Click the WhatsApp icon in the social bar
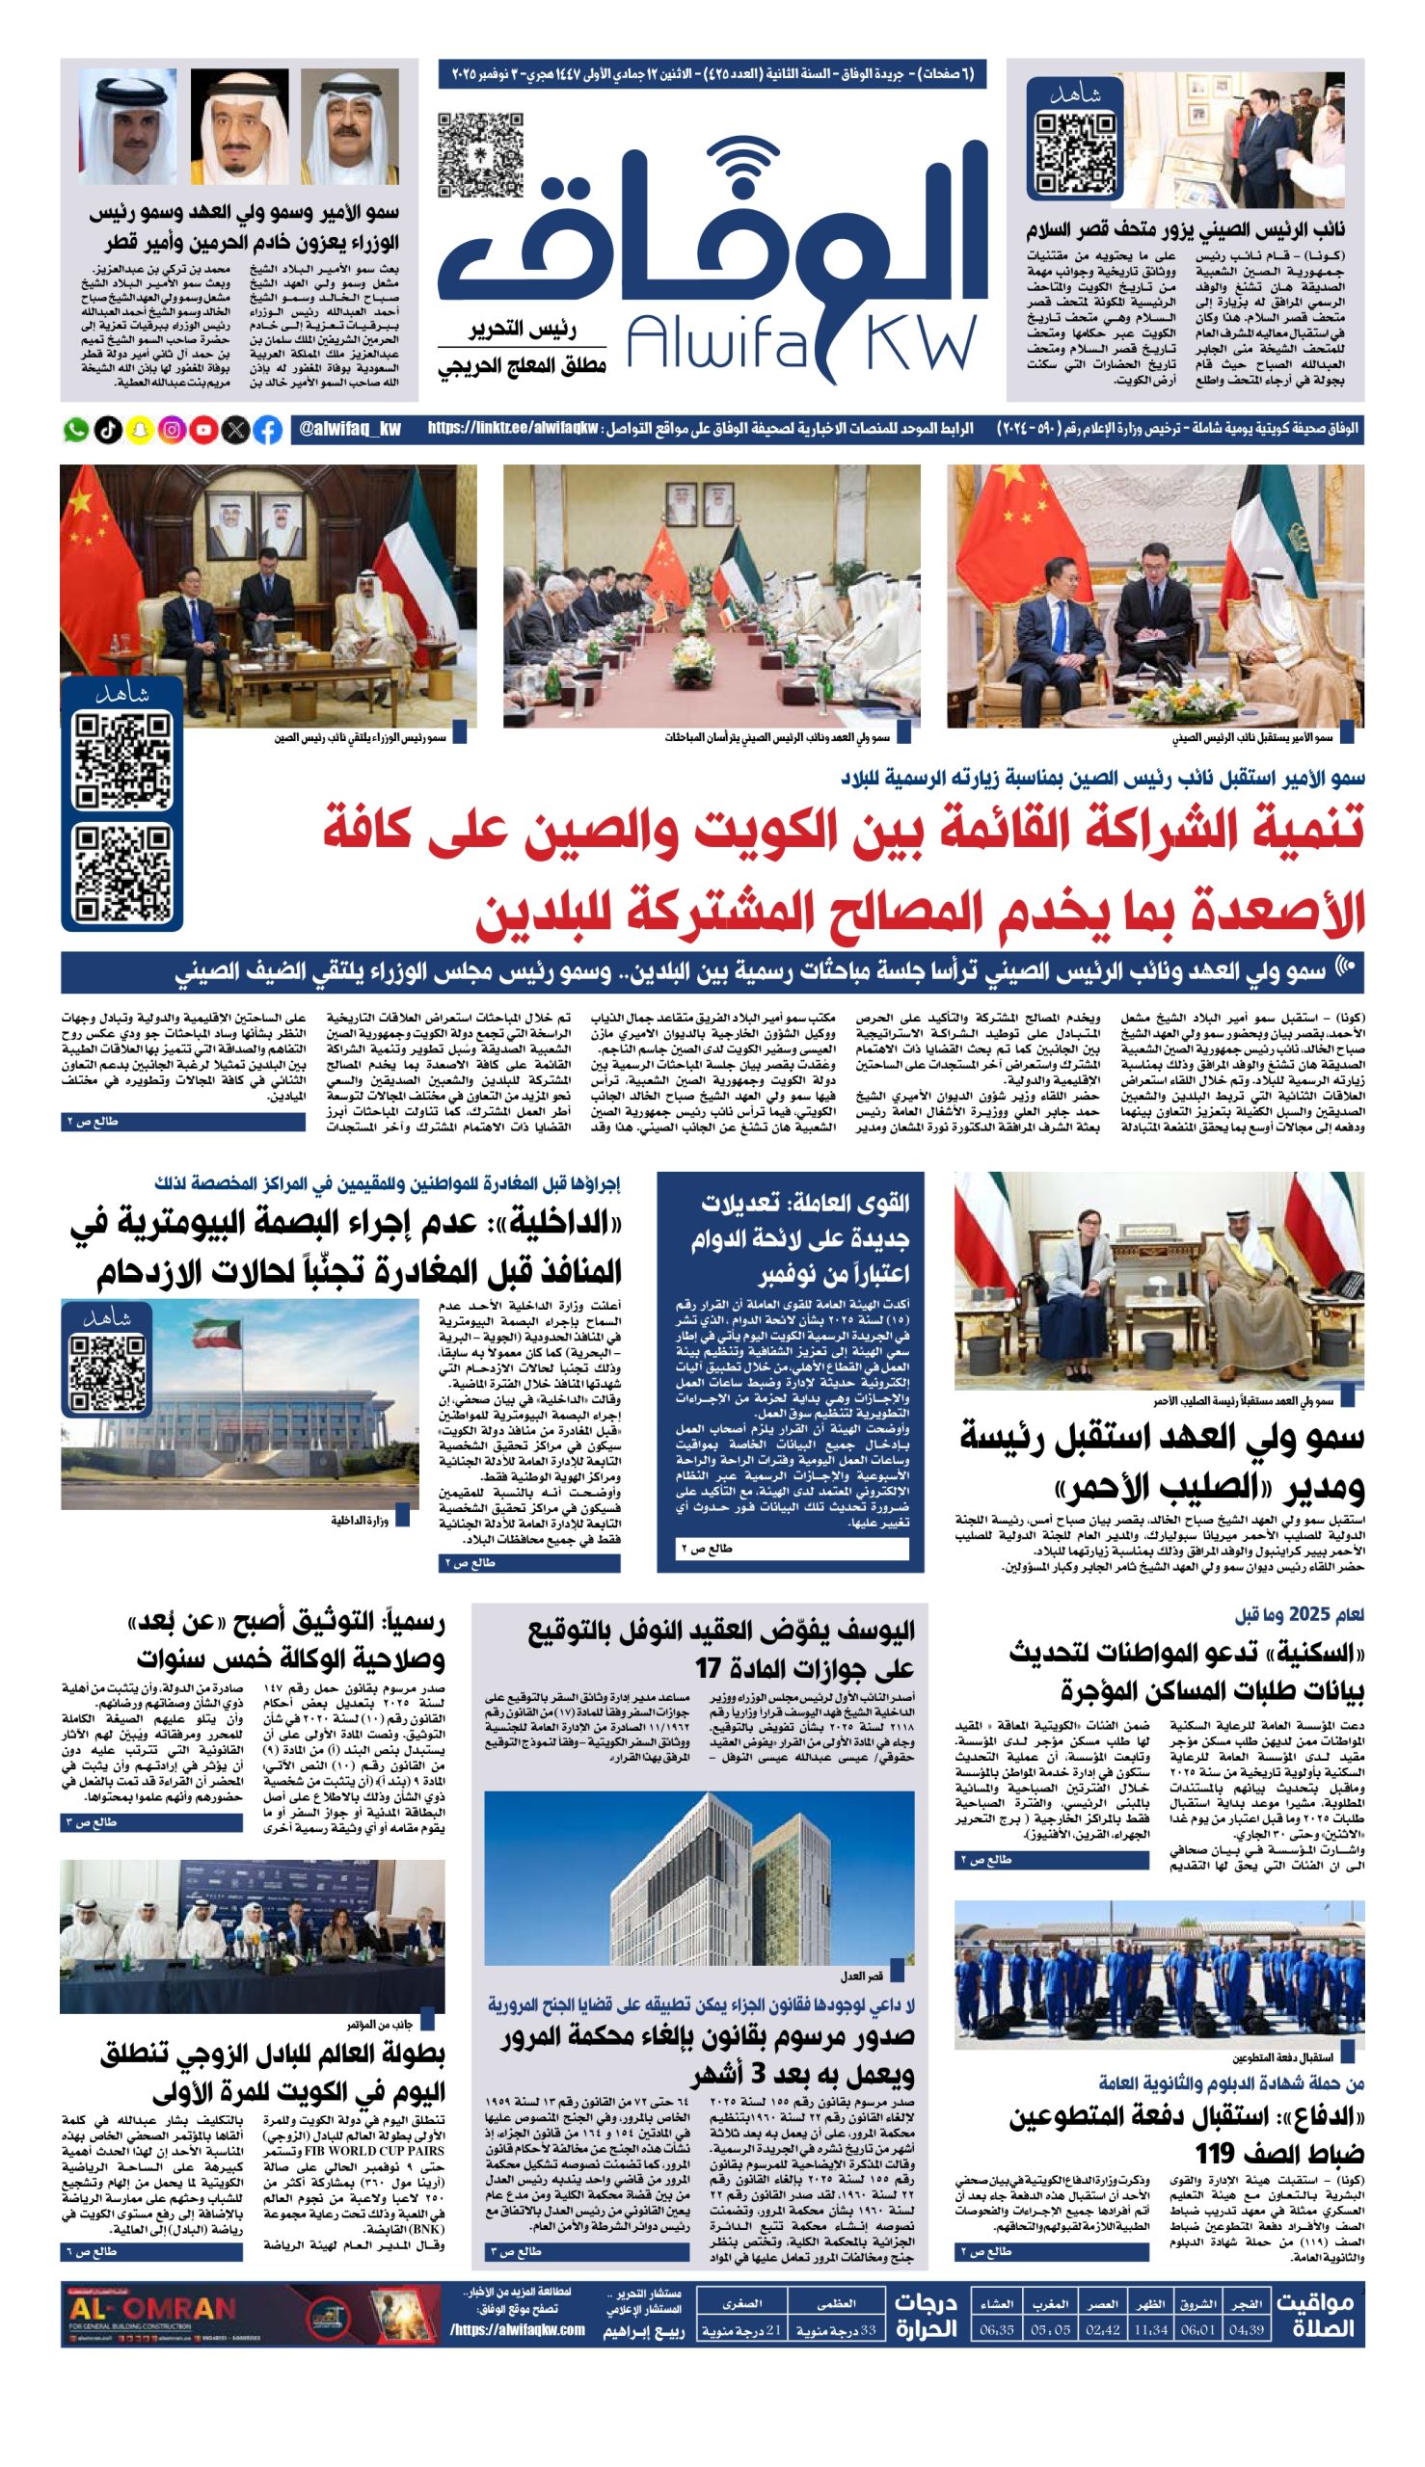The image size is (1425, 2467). click(x=75, y=430)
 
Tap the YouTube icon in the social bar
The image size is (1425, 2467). click(x=203, y=430)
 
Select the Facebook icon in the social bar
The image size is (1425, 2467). click(x=267, y=430)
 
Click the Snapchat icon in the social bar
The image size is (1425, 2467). click(x=140, y=430)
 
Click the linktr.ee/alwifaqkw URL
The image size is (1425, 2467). click(x=512, y=429)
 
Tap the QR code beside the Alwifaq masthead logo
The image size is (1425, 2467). click(x=480, y=155)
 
